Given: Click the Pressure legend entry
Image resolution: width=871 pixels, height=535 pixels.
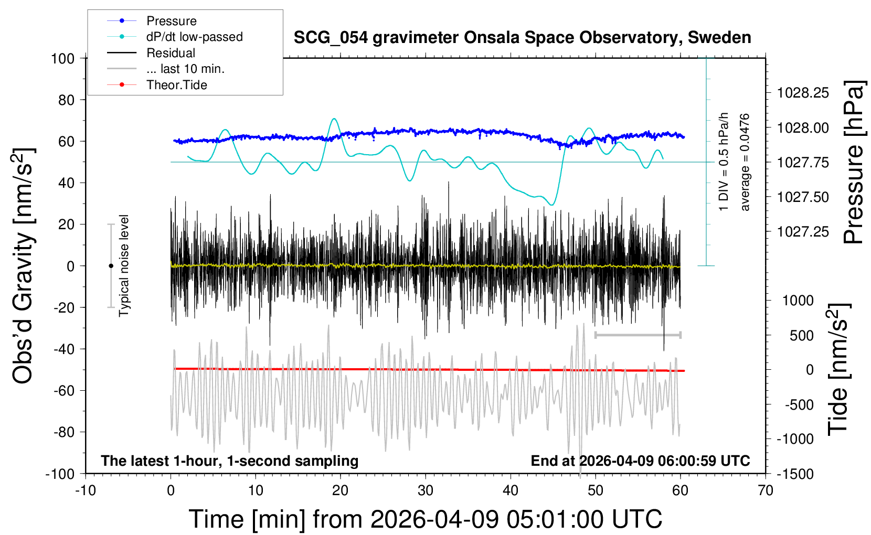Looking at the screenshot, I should pyautogui.click(x=171, y=21).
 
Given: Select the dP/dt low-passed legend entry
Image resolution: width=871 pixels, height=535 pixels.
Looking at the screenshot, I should pyautogui.click(x=194, y=37).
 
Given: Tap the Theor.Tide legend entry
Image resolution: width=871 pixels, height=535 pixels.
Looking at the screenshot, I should pyautogui.click(x=176, y=85).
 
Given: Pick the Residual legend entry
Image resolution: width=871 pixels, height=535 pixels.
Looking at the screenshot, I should pyautogui.click(x=171, y=53).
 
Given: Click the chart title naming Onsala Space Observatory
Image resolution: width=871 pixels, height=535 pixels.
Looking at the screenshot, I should pyautogui.click(x=522, y=38).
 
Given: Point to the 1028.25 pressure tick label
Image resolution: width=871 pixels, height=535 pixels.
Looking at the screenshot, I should pyautogui.click(x=803, y=93).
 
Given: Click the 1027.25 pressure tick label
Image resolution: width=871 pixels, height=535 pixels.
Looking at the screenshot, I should pyautogui.click(x=803, y=232).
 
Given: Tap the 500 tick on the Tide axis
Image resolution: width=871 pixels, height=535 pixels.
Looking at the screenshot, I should pyautogui.click(x=801, y=336).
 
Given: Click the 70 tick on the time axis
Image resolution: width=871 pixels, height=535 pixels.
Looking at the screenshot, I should pyautogui.click(x=766, y=491).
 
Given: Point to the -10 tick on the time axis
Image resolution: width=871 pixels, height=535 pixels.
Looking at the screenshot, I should pyautogui.click(x=86, y=491).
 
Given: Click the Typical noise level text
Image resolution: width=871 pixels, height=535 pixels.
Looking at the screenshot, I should pyautogui.click(x=124, y=265).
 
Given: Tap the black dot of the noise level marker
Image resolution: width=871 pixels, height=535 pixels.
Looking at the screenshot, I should pyautogui.click(x=111, y=266).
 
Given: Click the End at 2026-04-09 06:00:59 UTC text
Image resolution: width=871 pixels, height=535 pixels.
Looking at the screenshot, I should pyautogui.click(x=640, y=461).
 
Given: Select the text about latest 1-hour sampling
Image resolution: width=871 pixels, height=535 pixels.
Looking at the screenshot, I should pyautogui.click(x=230, y=461).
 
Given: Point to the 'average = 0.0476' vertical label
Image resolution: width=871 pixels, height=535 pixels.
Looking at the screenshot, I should pyautogui.click(x=745, y=162).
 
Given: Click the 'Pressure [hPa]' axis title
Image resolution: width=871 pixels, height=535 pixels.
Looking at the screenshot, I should pyautogui.click(x=854, y=162).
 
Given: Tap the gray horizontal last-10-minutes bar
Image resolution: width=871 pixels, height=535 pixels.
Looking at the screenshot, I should pyautogui.click(x=638, y=335).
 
